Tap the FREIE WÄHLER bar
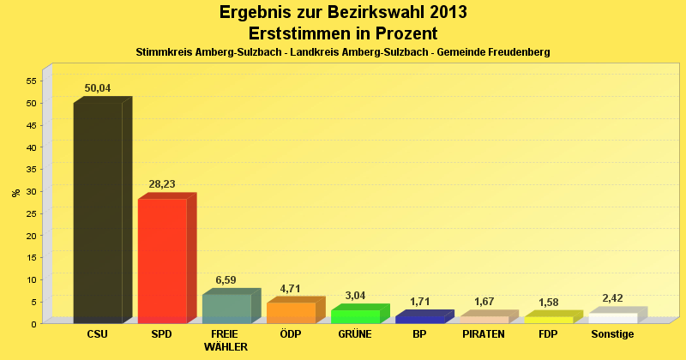226,308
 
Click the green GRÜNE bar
355,315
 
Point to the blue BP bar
419,319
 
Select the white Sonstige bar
612,318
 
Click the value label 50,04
98,88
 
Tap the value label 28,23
162,184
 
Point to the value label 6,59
226,280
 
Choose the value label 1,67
484,302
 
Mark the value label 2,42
612,298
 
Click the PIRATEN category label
484,334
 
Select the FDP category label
548,334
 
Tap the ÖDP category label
291,334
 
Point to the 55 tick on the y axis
30,81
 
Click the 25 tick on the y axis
30,213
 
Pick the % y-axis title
15,192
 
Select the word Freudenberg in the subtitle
513,52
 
